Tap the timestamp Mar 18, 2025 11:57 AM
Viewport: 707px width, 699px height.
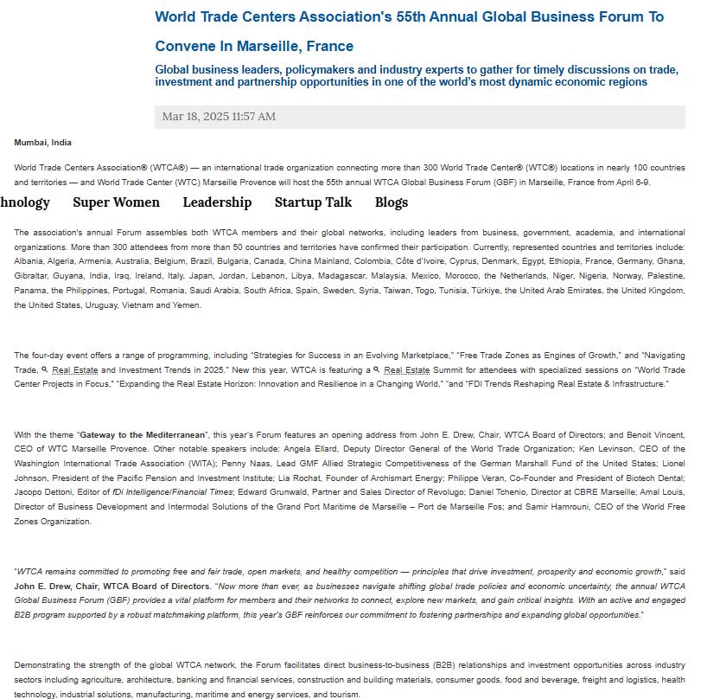[x=219, y=117]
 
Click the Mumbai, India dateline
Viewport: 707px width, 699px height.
[x=42, y=143]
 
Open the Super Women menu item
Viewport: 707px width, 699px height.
[x=116, y=202]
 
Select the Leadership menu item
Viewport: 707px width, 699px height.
[x=217, y=202]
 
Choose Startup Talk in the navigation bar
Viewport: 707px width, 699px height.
[x=313, y=202]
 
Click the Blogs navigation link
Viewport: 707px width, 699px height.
[x=391, y=202]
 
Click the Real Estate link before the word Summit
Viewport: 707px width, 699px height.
[x=406, y=370]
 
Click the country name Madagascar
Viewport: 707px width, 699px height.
[x=314, y=276]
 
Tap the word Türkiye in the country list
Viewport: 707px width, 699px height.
[x=476, y=291]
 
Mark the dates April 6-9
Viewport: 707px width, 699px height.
[x=632, y=183]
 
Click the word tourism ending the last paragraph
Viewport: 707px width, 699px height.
[x=345, y=695]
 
